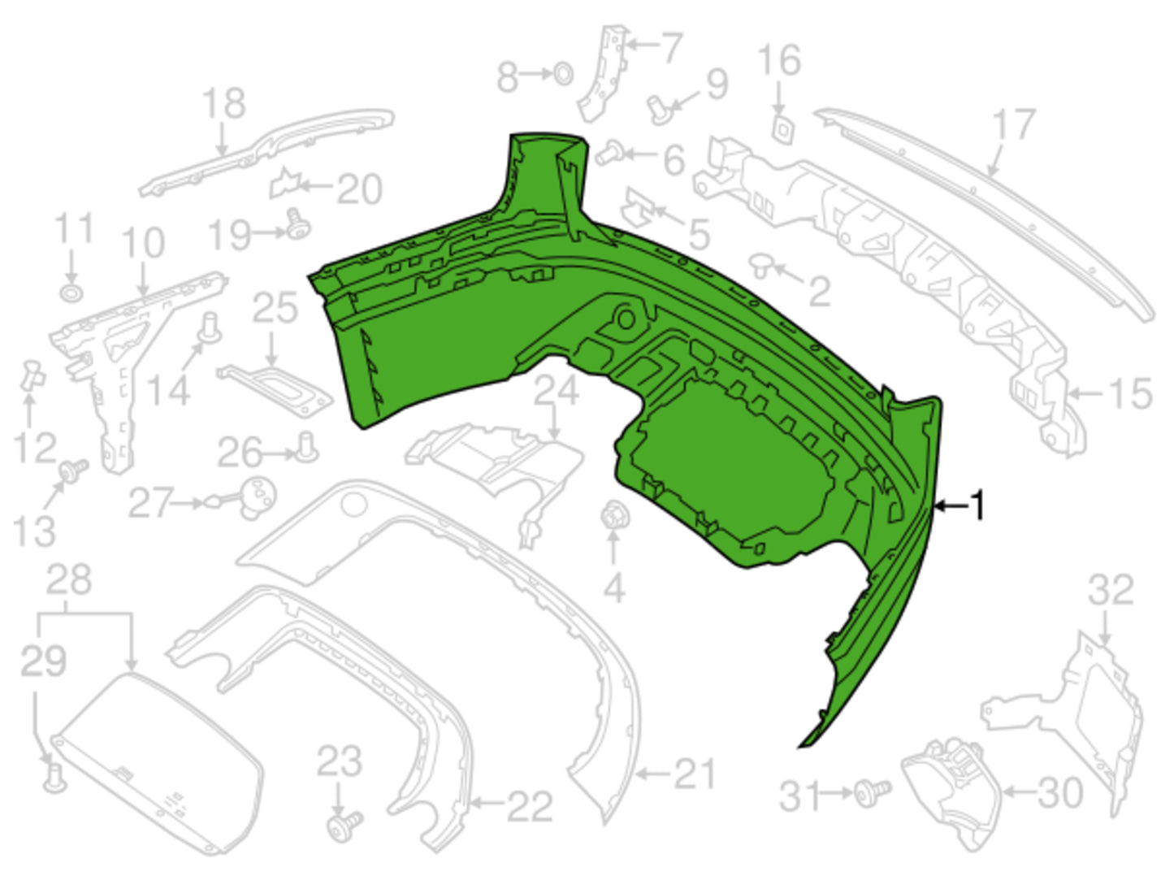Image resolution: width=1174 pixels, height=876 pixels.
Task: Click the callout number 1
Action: pos(977,505)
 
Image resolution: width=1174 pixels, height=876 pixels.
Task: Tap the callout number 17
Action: pos(1014,124)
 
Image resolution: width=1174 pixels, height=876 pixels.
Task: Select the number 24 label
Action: pos(557,389)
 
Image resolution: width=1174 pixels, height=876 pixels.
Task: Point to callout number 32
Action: pos(1111,590)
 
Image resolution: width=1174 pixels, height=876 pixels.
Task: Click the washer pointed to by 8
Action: pos(563,74)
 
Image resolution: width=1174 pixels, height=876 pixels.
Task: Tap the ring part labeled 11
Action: pos(71,293)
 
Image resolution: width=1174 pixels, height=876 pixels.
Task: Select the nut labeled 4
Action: pos(614,517)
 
